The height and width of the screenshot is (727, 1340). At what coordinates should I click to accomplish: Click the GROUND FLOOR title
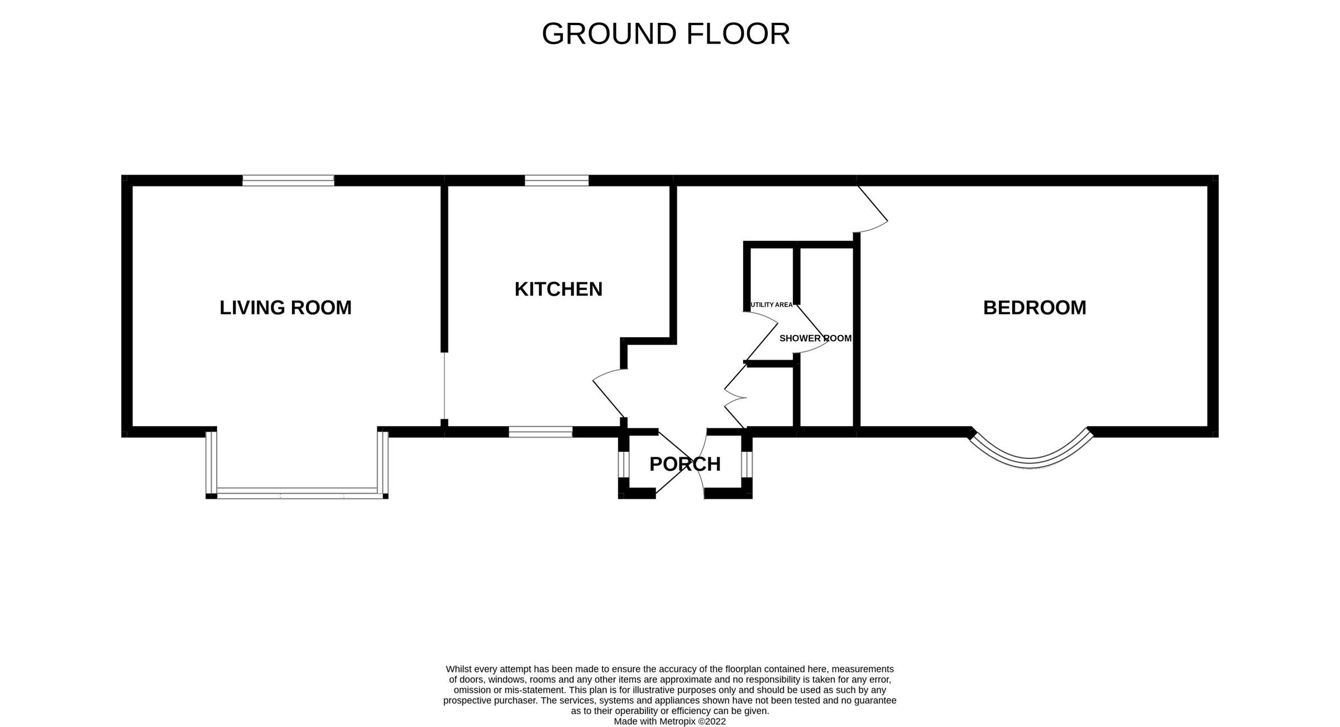666,34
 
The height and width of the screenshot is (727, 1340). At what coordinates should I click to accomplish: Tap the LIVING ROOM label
285,308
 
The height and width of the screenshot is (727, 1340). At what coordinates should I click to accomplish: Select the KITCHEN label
558,289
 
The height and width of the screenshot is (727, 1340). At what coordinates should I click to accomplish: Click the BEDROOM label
1034,308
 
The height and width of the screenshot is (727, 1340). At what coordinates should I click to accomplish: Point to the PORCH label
685,464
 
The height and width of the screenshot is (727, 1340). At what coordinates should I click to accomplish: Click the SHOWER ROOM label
815,338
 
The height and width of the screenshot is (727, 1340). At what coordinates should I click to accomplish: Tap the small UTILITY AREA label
771,305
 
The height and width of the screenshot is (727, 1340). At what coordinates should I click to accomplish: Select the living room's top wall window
288,180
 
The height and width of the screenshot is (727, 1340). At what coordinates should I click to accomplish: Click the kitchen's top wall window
557,180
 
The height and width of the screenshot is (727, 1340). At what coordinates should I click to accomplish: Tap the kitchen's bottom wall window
540,432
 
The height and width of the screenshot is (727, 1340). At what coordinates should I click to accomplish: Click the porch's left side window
624,464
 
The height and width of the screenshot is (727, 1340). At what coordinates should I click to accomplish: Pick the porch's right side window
747,464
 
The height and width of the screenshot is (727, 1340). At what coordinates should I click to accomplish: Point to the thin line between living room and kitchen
444,385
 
